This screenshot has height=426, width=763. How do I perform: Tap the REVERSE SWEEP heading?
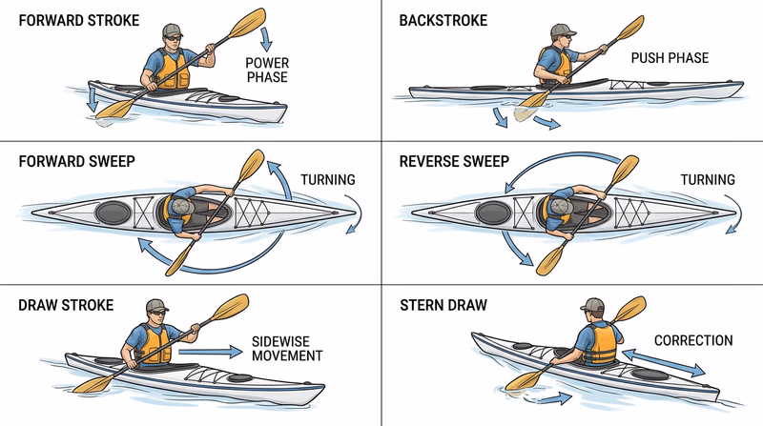pyautogui.click(x=454, y=161)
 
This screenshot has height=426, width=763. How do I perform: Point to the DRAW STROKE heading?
pyautogui.click(x=66, y=305)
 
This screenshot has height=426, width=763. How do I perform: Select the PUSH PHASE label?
pyautogui.click(x=670, y=58)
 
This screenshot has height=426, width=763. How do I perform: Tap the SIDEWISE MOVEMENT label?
pyautogui.click(x=287, y=348)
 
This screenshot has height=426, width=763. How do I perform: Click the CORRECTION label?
pyautogui.click(x=693, y=339)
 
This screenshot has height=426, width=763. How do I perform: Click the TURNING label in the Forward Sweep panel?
pyautogui.click(x=327, y=179)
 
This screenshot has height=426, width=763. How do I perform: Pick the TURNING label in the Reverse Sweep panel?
pyautogui.click(x=707, y=179)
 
